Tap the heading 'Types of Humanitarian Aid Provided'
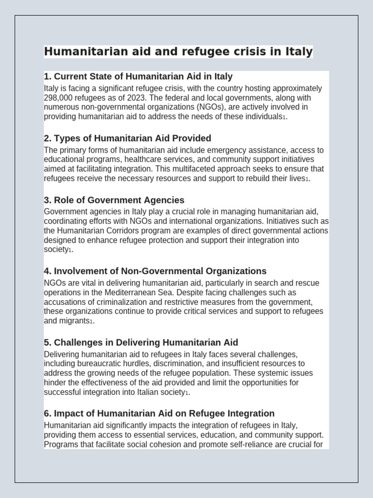[x=132, y=138]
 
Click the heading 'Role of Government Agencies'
[x=119, y=200]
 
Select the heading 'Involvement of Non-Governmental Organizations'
[x=160, y=271]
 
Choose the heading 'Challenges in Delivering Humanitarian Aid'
[x=146, y=342]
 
